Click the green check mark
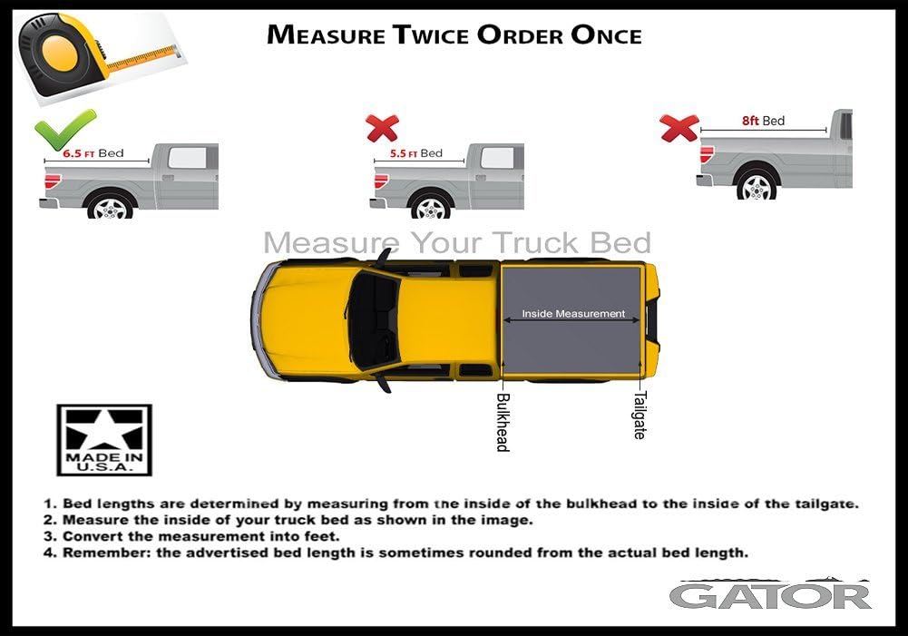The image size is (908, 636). pos(64,129)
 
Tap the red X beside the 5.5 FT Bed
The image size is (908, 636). pos(382,128)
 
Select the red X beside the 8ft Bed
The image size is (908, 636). pos(679,128)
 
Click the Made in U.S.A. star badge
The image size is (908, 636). pos(104,440)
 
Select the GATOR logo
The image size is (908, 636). pos(770,595)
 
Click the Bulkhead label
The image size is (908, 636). pos(503,421)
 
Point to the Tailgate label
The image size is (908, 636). pos(639,415)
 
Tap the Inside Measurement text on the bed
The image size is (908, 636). pos(573,314)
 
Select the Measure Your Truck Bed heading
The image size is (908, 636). pos(456,243)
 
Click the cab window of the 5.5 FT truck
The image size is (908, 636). pos(496,157)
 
